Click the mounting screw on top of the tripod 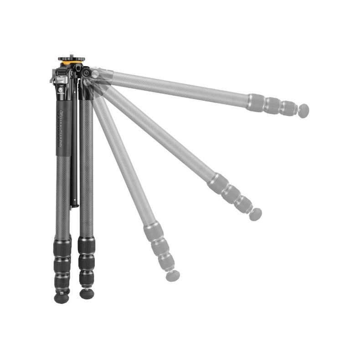click(x=71, y=56)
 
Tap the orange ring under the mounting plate click(x=72, y=63)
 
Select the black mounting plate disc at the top click(x=71, y=59)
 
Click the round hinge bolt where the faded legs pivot click(x=86, y=73)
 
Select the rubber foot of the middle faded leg click(x=256, y=214)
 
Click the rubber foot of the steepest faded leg click(x=173, y=275)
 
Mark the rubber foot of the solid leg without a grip click(x=87, y=293)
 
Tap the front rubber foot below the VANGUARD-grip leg click(x=62, y=298)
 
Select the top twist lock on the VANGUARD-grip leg click(x=62, y=247)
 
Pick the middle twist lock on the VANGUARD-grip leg click(x=62, y=266)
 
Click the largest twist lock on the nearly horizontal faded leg click(x=256, y=103)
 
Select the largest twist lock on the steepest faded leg click(x=153, y=232)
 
